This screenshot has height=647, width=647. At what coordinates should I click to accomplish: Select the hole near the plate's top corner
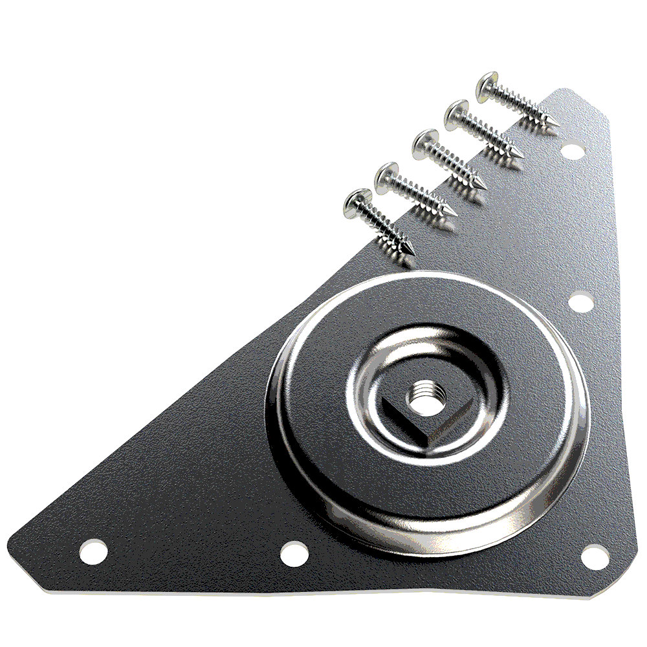pyautogui.click(x=571, y=151)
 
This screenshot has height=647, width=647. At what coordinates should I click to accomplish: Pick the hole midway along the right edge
pyautogui.click(x=580, y=302)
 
